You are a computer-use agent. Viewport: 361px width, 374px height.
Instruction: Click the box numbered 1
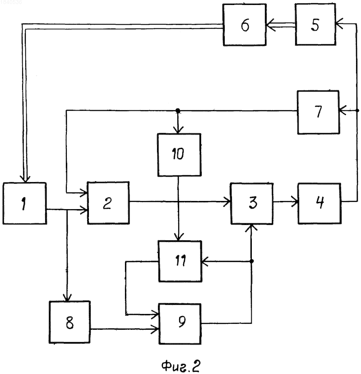coord(24,203)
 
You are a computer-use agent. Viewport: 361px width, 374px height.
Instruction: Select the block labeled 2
coord(108,203)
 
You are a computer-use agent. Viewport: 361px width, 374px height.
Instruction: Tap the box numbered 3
coord(252,204)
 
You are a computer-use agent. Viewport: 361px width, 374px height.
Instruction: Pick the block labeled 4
coord(319,203)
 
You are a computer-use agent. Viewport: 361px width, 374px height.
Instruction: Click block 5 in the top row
coord(315,24)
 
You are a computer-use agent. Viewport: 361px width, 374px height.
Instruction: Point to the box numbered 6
coord(245,24)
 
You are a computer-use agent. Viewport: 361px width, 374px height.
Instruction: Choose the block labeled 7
coord(318,112)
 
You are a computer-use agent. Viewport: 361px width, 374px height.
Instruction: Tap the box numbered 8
coord(69,322)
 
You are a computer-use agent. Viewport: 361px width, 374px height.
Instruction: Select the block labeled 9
coord(180,324)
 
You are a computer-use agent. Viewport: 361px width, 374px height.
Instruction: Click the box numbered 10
coord(179,155)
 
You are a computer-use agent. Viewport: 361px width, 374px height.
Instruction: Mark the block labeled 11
coord(180,261)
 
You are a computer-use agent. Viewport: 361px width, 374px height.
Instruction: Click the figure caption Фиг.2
coord(180,365)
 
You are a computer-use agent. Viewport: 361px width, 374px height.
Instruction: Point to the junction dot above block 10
coord(178,111)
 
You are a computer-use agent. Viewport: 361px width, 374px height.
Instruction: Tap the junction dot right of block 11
coord(252,261)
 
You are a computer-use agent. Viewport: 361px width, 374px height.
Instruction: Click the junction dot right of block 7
coord(357,110)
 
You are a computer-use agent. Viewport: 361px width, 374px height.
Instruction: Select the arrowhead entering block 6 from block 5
coord(270,25)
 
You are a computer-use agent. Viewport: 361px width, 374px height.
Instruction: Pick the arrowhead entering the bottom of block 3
coord(251,228)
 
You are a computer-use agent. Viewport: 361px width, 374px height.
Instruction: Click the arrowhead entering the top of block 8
coord(67,298)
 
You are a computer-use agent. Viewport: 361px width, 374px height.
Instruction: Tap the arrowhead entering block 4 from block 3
coord(295,202)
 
